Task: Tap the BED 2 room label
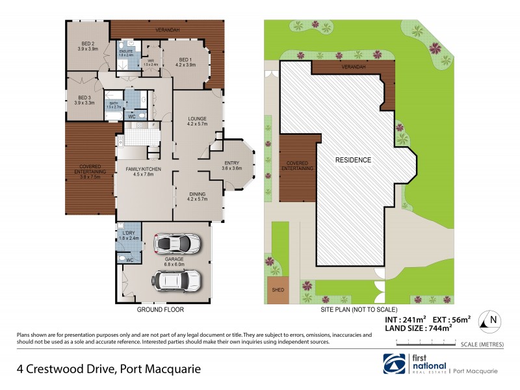87,45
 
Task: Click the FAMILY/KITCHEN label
142,170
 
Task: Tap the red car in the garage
177,244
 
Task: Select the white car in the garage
176,279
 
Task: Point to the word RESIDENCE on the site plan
353,159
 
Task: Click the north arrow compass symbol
492,320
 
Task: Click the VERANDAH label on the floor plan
168,30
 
